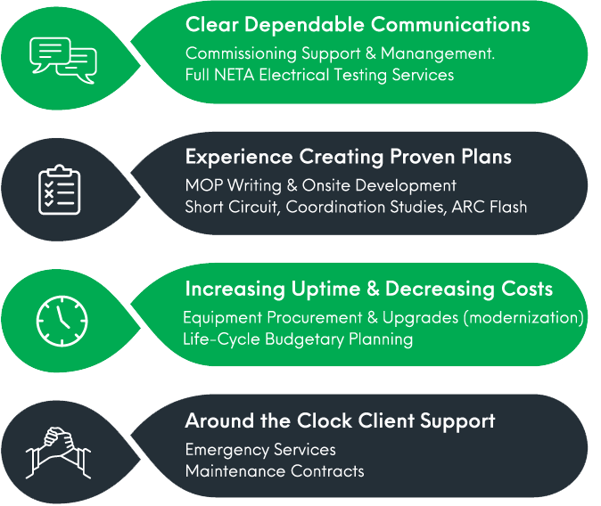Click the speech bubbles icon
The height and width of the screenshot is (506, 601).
(x=62, y=59)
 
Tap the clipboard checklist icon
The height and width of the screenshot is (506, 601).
(x=60, y=188)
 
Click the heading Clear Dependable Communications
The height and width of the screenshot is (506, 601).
(x=357, y=24)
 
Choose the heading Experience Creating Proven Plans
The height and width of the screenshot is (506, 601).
(x=348, y=157)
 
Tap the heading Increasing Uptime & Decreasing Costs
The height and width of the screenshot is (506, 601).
(x=368, y=289)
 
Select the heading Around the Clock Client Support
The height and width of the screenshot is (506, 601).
(x=340, y=420)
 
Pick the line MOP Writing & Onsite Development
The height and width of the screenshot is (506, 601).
(x=320, y=186)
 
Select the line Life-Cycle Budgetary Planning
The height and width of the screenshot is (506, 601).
(x=298, y=339)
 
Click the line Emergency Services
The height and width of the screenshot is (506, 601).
(x=260, y=449)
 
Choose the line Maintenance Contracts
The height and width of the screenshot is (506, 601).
(x=275, y=470)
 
